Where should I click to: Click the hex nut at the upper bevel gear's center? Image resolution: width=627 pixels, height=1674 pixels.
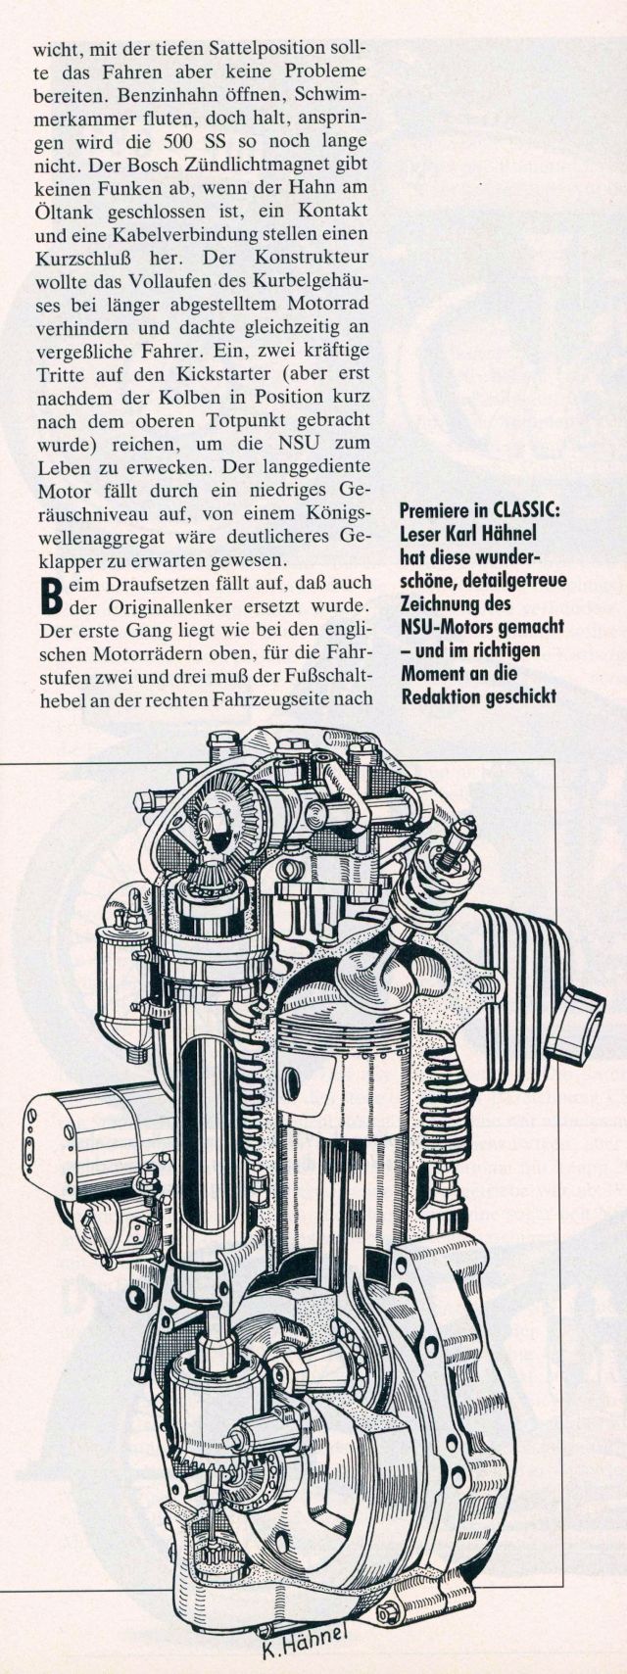point(207,824)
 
